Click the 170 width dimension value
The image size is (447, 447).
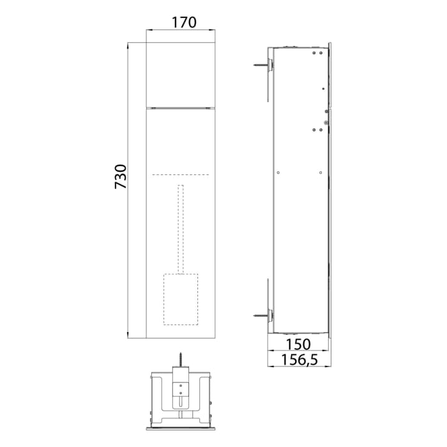[184, 22]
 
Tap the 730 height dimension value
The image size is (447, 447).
[121, 176]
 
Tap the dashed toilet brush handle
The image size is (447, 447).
[181, 230]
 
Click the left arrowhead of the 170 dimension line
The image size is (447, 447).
[149, 29]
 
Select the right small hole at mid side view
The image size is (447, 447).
[319, 171]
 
